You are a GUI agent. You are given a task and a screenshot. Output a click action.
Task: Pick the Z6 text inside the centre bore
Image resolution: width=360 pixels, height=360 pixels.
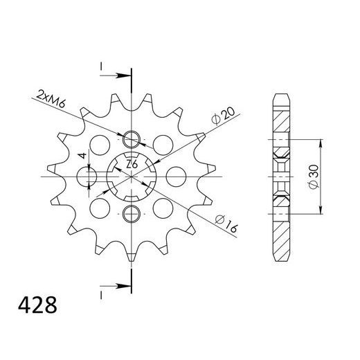tap(130, 164)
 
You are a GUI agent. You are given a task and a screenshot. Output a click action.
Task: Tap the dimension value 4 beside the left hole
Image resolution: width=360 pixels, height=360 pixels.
tap(82, 156)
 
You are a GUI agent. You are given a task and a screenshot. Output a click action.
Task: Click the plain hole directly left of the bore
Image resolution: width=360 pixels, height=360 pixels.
tap(89, 176)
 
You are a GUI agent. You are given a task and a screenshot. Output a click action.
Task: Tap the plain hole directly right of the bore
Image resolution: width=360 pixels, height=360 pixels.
tap(174, 176)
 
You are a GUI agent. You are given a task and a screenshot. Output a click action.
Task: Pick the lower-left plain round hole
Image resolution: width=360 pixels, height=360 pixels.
tap(101, 206)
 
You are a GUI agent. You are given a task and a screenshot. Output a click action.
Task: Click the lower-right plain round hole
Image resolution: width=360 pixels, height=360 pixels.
tap(163, 206)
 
